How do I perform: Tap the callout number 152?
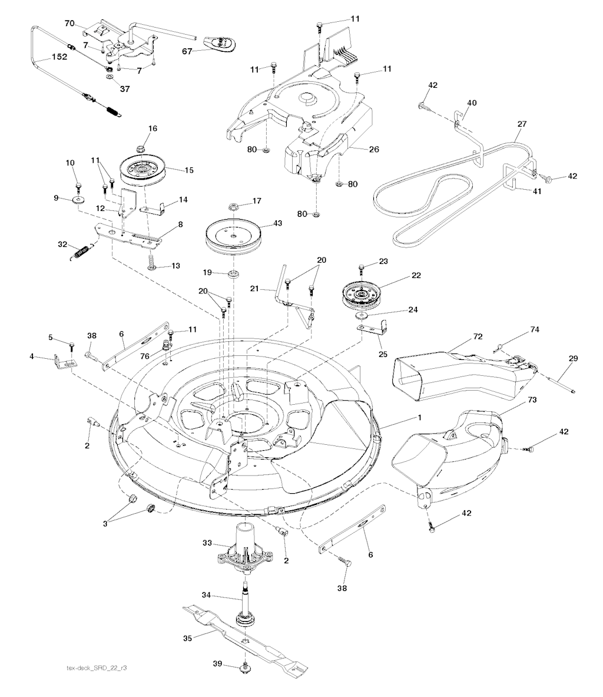[x=59, y=57]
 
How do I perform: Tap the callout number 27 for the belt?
[x=522, y=124]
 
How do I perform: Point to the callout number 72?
[x=478, y=336]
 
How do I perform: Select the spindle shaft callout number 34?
[x=206, y=596]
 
